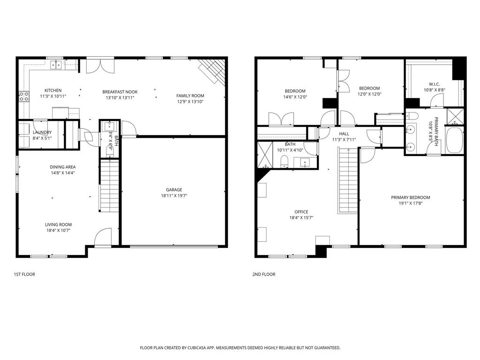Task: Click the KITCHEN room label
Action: [53, 90]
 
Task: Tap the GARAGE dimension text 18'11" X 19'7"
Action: [173, 196]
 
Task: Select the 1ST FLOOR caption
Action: [24, 274]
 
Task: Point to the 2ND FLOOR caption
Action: [264, 274]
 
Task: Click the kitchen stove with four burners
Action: [23, 97]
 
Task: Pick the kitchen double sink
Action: [57, 65]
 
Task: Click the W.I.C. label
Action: [434, 84]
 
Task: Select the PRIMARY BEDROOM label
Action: [410, 197]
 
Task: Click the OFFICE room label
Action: [301, 212]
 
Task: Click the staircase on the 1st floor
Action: [109, 186]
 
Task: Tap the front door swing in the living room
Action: [103, 238]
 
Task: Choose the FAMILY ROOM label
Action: [190, 96]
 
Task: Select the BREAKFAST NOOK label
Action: [120, 92]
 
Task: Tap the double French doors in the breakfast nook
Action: [100, 65]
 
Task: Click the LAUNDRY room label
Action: [42, 133]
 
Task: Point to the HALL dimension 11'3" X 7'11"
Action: [344, 140]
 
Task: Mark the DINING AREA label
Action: [63, 167]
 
